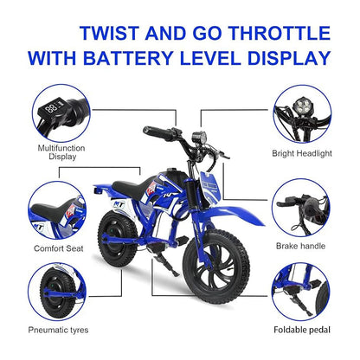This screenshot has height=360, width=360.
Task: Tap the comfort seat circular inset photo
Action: coord(53,208)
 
